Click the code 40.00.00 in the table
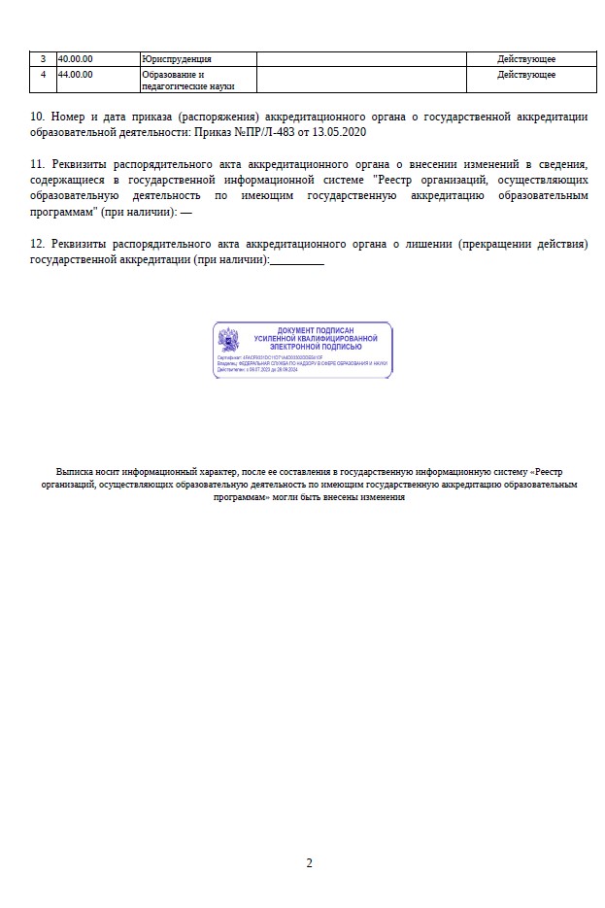click(x=76, y=59)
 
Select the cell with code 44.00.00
click(x=76, y=74)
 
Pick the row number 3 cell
click(x=43, y=59)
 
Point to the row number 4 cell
click(x=43, y=74)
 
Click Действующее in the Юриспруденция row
click(x=526, y=59)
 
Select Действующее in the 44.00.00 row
click(x=526, y=74)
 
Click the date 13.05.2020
click(x=342, y=131)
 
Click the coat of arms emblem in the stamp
click(x=229, y=340)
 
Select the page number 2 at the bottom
click(x=309, y=862)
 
